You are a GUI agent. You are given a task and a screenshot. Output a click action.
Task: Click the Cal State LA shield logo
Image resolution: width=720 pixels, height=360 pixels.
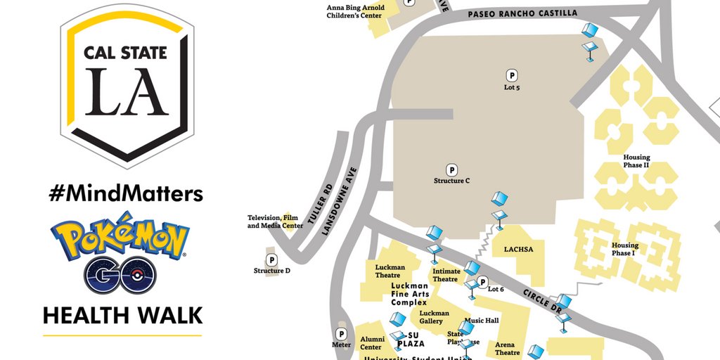[127, 84]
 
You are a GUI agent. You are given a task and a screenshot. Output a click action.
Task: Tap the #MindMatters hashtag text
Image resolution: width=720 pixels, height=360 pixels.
[126, 193]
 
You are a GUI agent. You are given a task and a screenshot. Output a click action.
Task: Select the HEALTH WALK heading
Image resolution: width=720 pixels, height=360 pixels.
[123, 315]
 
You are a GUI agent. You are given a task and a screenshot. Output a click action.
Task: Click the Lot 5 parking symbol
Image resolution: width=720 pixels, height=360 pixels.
[512, 75]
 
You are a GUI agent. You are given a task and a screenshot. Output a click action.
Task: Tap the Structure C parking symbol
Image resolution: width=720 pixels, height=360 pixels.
[452, 169]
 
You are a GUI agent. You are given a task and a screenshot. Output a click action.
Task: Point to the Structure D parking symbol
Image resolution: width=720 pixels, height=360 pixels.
[271, 259]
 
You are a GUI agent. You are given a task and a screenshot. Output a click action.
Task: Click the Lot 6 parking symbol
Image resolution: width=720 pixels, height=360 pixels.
[482, 282]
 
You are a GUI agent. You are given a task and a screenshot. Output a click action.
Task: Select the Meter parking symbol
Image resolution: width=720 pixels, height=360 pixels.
[342, 334]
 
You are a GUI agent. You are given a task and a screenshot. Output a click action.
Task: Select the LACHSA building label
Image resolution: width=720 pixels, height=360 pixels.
[518, 249]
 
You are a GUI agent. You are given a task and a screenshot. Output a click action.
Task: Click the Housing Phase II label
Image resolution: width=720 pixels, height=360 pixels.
[636, 161]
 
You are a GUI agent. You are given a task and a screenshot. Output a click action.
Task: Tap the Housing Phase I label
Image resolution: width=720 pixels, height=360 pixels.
[624, 250]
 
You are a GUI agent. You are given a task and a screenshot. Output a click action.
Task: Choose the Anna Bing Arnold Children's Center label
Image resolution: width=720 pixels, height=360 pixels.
[354, 11]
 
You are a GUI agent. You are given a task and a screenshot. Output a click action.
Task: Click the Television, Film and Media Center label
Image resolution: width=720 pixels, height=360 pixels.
[275, 221]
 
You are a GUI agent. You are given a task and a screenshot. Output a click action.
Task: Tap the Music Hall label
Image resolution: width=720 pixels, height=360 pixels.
[482, 321]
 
